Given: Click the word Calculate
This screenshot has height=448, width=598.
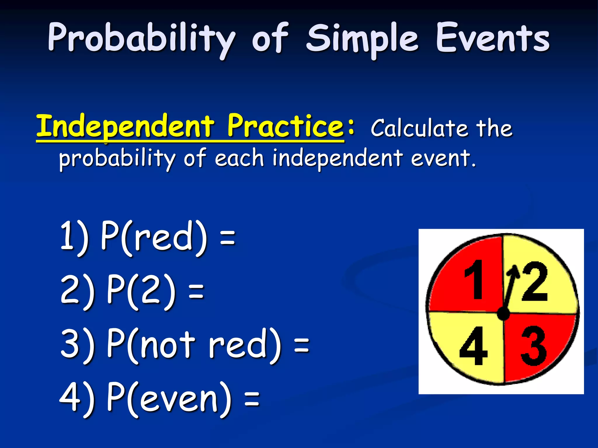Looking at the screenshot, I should point(419,128).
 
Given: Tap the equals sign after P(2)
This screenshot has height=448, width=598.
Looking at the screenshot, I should point(196,292).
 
